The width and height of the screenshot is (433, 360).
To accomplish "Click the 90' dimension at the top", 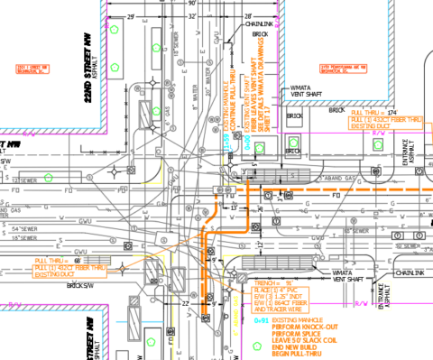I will point(192,4).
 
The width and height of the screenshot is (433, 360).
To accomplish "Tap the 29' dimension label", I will point(131,16).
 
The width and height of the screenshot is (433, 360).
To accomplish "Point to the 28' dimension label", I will point(247,16).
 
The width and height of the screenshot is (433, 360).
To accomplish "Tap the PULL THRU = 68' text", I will point(52,260).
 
